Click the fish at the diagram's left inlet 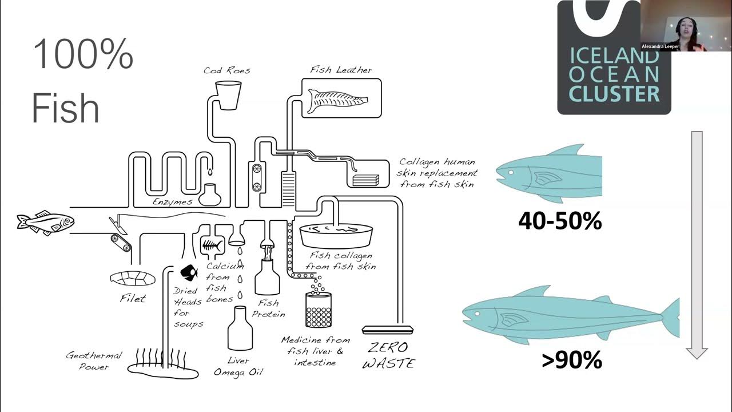click(x=46, y=223)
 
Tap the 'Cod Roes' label click(x=227, y=70)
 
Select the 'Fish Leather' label click(x=341, y=70)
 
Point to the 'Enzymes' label click(x=172, y=202)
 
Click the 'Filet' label click(x=133, y=298)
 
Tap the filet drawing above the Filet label click(x=133, y=278)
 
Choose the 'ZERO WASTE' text click(x=388, y=355)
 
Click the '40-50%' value click(x=560, y=220)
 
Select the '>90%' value click(x=571, y=360)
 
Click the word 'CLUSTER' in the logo click(x=614, y=94)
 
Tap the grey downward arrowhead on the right click(x=697, y=352)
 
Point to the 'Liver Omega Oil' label click(x=238, y=366)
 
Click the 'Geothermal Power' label click(x=94, y=361)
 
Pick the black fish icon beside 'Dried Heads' click(x=189, y=272)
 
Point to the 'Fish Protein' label click(x=268, y=308)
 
